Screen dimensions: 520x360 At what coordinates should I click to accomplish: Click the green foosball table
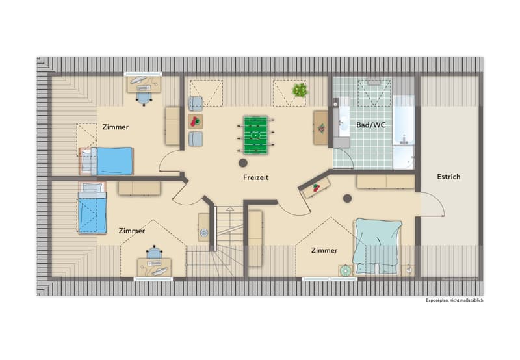255,135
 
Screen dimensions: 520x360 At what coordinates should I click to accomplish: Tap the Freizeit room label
255,177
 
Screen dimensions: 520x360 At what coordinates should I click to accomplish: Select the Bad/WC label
370,125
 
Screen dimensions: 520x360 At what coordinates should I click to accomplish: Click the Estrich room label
448,177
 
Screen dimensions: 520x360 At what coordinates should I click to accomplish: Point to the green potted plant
300,90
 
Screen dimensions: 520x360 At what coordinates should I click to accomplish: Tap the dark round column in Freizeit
243,162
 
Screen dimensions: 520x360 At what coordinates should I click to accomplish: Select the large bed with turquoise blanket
378,246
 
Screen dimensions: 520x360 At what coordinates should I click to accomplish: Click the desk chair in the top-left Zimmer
144,98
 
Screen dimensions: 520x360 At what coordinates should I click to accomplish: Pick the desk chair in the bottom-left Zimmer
154,252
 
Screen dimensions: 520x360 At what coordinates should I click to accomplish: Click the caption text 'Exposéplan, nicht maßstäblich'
454,300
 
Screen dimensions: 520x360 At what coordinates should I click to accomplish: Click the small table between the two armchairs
196,122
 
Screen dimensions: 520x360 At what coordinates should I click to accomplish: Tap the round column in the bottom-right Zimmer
347,199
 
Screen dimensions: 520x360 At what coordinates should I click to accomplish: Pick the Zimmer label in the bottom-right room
324,250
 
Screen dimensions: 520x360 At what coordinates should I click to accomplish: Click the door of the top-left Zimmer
169,161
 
